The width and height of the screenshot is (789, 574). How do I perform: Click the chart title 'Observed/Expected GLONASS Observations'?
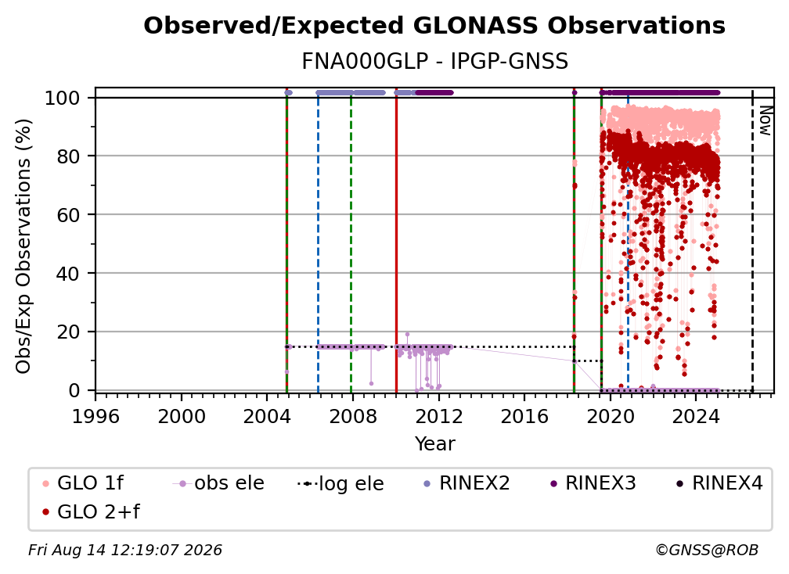(x=434, y=26)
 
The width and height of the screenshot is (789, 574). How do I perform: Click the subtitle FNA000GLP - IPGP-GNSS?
(x=434, y=61)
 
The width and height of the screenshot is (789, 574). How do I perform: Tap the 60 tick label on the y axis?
(x=68, y=214)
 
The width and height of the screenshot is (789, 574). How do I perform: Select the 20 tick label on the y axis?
(x=68, y=332)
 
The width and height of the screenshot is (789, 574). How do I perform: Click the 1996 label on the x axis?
(x=95, y=417)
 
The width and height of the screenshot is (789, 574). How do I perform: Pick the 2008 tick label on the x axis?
(x=353, y=417)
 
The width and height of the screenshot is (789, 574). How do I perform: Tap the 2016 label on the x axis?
(x=524, y=417)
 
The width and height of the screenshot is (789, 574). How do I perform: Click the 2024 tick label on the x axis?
(x=696, y=417)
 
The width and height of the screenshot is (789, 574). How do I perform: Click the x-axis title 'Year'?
(x=434, y=444)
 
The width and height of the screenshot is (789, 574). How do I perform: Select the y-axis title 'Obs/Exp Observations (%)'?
(x=23, y=246)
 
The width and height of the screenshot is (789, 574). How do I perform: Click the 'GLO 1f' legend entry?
(x=82, y=483)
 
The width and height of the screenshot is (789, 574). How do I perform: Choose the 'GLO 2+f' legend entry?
(x=91, y=511)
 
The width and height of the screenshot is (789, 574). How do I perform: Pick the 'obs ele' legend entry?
(x=218, y=483)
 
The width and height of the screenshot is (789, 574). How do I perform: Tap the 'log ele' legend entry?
(x=340, y=483)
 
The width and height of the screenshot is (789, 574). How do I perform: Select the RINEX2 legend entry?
(x=467, y=483)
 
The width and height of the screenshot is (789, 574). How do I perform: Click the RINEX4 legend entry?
(x=719, y=483)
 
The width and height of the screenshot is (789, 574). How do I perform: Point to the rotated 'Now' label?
(x=765, y=120)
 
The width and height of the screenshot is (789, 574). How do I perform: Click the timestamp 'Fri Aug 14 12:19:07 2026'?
(x=124, y=550)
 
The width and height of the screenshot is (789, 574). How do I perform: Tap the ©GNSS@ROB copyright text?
(x=707, y=550)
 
